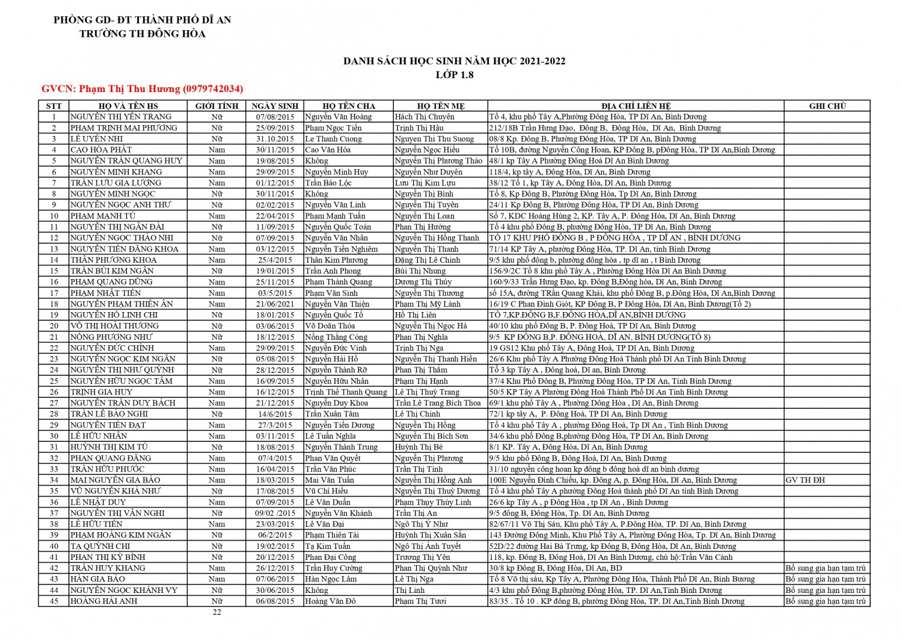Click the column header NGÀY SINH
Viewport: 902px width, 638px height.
point(275,106)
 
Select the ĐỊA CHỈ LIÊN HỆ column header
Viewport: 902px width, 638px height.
point(636,106)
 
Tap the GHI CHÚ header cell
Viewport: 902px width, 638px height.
point(827,106)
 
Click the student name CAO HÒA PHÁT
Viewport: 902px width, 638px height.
point(101,150)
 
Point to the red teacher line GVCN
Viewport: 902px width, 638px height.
point(143,89)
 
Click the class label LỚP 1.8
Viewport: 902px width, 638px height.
point(454,75)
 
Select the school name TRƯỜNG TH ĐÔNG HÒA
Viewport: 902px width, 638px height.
point(143,34)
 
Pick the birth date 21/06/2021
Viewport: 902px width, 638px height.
point(275,304)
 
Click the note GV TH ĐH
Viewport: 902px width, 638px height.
point(805,480)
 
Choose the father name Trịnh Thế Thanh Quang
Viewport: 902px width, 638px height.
point(346,392)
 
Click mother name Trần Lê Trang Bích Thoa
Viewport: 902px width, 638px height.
point(438,403)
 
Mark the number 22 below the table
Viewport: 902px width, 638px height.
point(216,612)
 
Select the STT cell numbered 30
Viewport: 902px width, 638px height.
point(54,436)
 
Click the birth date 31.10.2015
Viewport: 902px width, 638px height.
point(275,139)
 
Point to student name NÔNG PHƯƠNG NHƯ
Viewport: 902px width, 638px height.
point(111,337)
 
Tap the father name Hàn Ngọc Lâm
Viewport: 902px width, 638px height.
point(331,579)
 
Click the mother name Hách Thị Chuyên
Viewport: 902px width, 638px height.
point(425,117)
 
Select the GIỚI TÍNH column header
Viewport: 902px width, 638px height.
point(216,106)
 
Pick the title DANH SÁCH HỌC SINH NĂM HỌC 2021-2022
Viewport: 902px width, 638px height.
point(454,61)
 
